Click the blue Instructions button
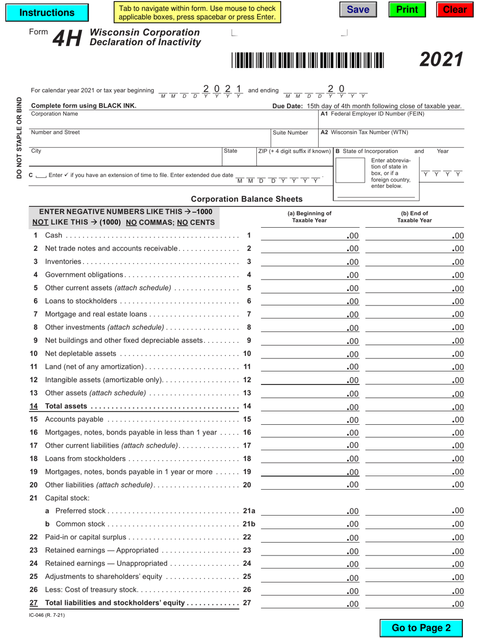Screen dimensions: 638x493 [x=47, y=12]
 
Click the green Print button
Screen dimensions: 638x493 [x=407, y=10]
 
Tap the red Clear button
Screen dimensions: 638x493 [x=455, y=10]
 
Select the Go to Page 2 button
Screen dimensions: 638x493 [x=421, y=628]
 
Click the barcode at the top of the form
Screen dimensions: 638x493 [x=308, y=60]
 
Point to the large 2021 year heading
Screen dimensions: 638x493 [x=441, y=60]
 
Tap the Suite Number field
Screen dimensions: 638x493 [x=293, y=141]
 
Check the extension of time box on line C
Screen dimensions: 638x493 [x=41, y=176]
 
